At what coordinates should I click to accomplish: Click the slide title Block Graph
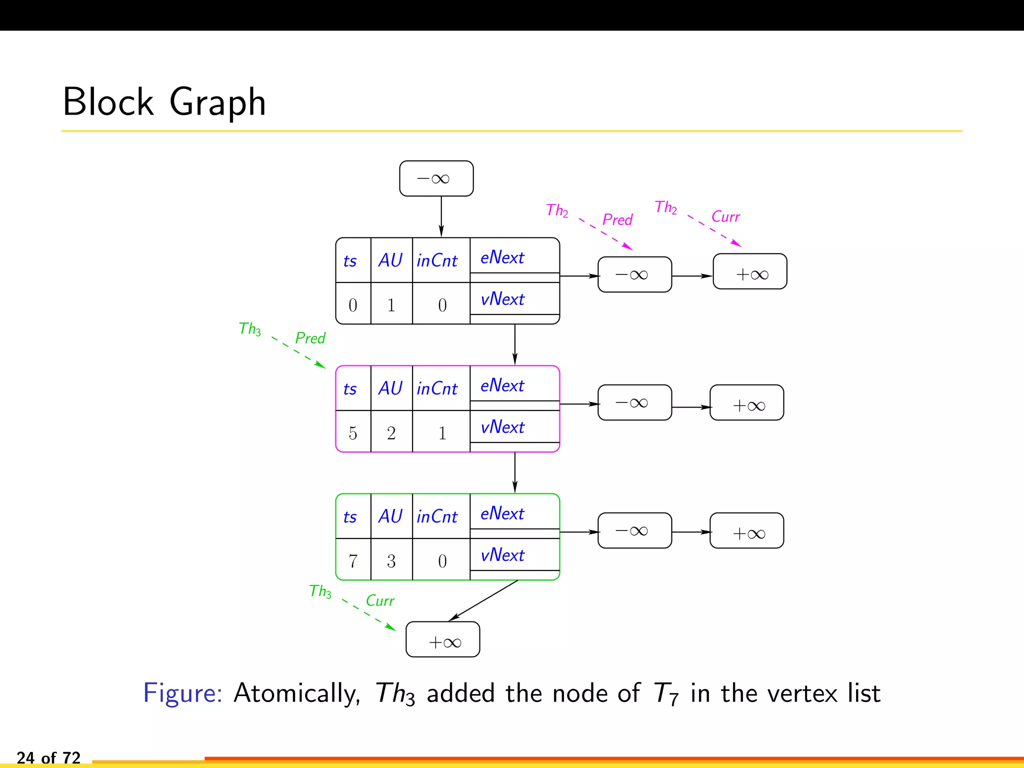coord(164,102)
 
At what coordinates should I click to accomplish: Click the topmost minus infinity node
coord(436,178)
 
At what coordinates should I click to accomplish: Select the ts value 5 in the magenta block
coord(353,432)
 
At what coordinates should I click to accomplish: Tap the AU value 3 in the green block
coord(391,560)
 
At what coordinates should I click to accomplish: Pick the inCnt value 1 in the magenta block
coord(442,432)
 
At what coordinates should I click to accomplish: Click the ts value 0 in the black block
coord(353,304)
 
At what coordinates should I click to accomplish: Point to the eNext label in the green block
coord(502,513)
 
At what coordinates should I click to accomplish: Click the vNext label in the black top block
coord(502,299)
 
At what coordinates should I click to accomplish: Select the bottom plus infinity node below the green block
coord(443,640)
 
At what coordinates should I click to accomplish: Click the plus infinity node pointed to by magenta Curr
coord(750,272)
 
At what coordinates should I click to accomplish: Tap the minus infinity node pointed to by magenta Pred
coord(634,274)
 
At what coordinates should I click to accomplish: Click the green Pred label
coord(310,338)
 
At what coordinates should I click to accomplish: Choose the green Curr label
coord(380,600)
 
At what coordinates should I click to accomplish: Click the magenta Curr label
coord(725,216)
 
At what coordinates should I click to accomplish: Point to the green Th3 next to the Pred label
coord(249,328)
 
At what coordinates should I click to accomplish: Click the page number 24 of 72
coord(48,757)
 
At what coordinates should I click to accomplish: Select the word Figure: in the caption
coord(182,693)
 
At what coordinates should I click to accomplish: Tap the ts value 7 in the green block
coord(353,560)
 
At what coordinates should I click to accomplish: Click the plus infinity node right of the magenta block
coord(747,403)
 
